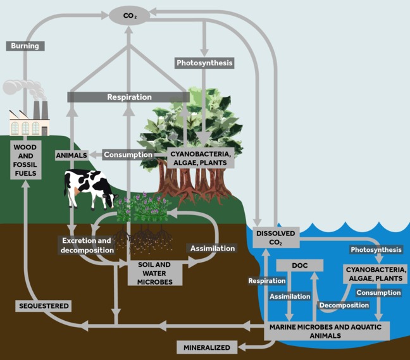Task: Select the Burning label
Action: (25, 46)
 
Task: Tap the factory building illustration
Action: (29, 120)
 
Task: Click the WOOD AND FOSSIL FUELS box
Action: (26, 159)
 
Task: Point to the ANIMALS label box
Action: (71, 155)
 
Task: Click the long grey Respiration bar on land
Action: (129, 97)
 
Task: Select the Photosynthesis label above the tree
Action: (204, 63)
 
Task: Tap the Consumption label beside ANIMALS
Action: (128, 154)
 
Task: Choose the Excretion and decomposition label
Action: (87, 245)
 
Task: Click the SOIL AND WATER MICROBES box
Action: (155, 272)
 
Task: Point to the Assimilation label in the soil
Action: (213, 248)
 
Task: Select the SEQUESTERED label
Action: (43, 306)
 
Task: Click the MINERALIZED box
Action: (207, 347)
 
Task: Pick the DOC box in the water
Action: (299, 266)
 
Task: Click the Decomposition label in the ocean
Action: (344, 305)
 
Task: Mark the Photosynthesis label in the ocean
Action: (376, 249)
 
